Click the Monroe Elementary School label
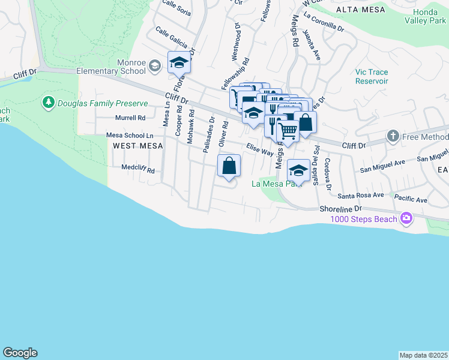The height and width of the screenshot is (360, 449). [112, 66]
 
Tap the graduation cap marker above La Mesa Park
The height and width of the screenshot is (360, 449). [298, 170]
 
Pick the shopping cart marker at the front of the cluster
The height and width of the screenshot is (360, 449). [288, 130]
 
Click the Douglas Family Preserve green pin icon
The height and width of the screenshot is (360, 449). [49, 103]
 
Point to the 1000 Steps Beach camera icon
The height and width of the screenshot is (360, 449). [406, 218]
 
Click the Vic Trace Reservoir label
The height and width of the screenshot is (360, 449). [372, 76]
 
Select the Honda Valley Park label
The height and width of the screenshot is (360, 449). [429, 16]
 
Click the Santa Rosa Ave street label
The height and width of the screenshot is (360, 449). [360, 195]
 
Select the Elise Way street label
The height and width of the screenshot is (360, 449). [259, 149]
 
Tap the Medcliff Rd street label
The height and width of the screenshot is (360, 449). [138, 170]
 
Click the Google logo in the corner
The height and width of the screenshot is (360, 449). [20, 353]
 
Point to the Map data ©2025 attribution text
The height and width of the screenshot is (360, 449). [423, 355]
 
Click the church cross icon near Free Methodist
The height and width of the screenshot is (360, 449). [393, 136]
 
